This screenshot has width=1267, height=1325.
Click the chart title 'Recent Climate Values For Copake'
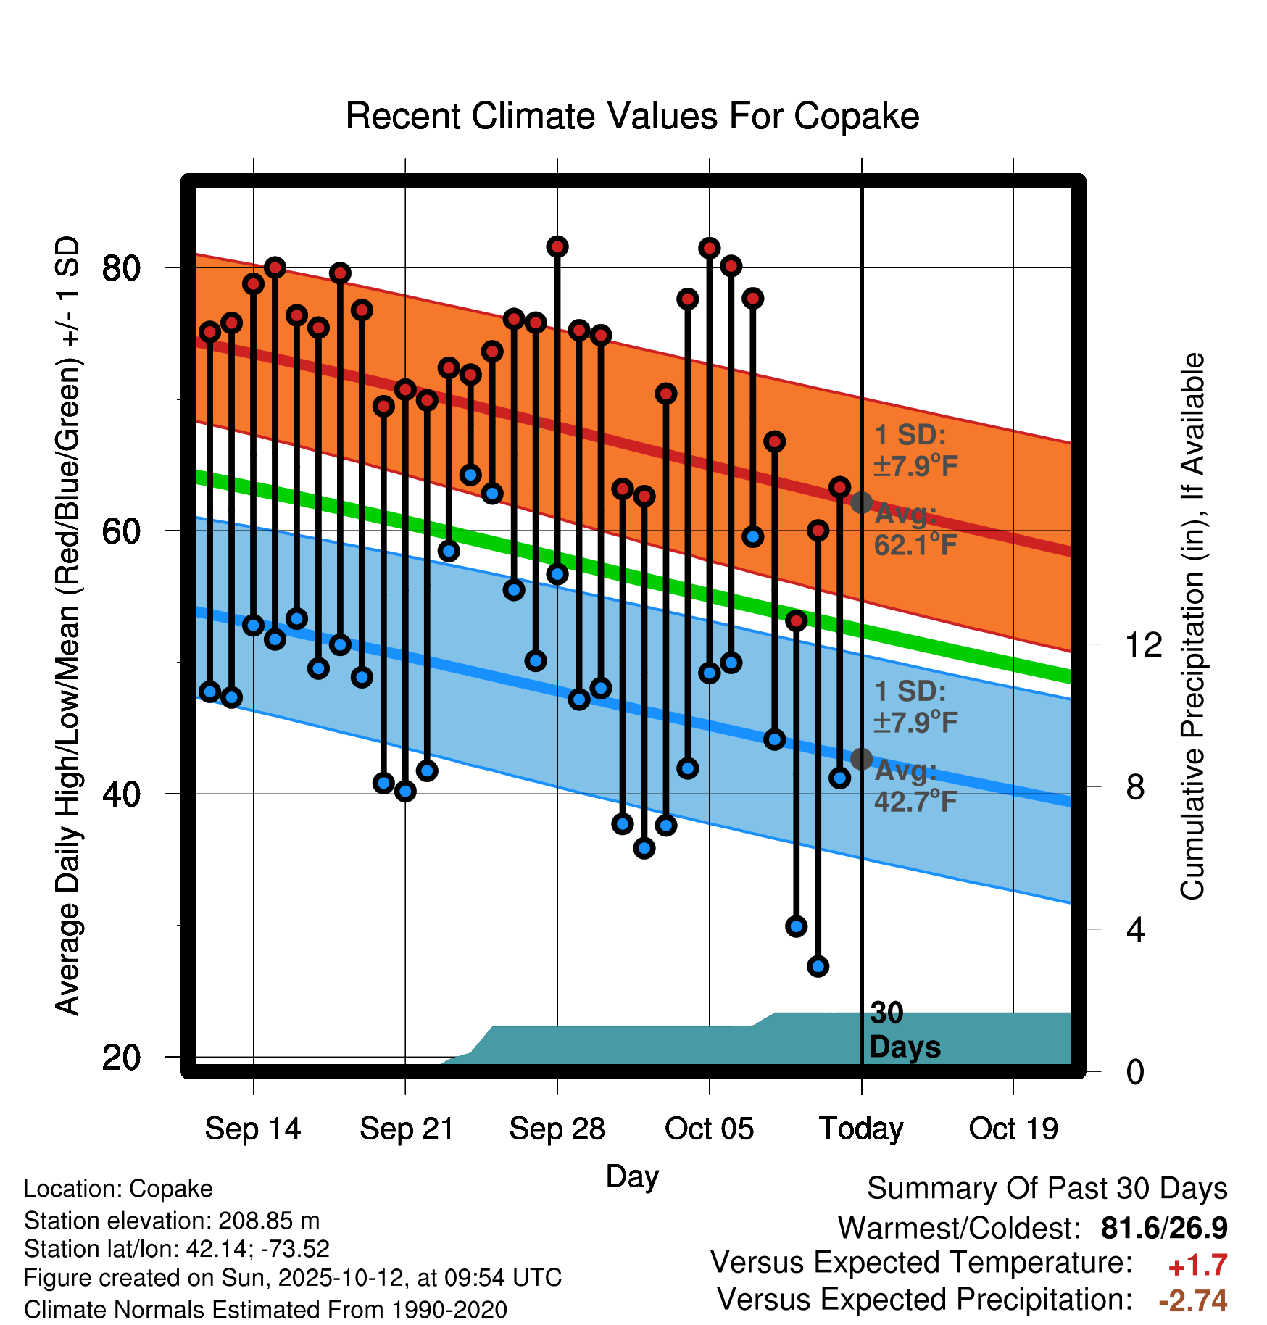(x=632, y=116)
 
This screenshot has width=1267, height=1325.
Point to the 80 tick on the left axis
(x=121, y=268)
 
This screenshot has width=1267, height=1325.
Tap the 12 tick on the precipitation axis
(x=1144, y=644)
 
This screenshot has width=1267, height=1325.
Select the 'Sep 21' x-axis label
(x=406, y=1129)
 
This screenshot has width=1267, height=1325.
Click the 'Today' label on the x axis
(x=861, y=1129)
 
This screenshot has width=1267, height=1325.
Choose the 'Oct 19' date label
(x=1013, y=1129)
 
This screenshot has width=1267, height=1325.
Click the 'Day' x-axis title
(x=632, y=1176)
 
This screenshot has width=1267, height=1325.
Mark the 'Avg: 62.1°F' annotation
(x=915, y=530)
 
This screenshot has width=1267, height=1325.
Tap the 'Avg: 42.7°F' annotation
(x=915, y=786)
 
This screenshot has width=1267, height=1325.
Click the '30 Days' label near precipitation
(x=904, y=1030)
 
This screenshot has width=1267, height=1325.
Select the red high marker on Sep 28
(x=557, y=247)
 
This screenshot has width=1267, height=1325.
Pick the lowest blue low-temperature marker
(x=818, y=966)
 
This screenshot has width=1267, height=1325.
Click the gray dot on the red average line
(x=861, y=502)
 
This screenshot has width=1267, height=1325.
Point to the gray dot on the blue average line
(x=861, y=759)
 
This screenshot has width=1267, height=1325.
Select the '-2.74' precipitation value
(x=1193, y=1300)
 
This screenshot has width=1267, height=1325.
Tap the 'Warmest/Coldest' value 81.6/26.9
(x=1164, y=1228)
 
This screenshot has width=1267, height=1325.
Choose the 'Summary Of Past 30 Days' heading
(x=1047, y=1189)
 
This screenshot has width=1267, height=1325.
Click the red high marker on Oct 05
(x=710, y=249)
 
